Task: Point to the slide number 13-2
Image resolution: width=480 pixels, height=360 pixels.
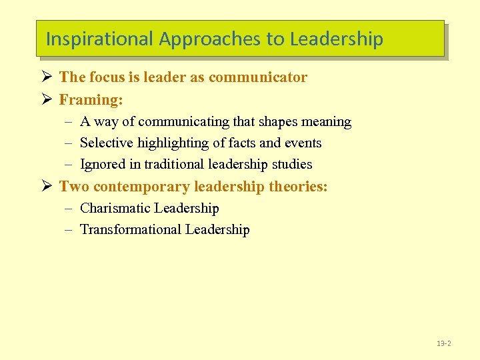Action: (444, 343)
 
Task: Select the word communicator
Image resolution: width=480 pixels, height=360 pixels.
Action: (258, 77)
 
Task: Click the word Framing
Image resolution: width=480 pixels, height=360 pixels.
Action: (87, 100)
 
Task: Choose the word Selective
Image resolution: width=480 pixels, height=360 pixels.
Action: (106, 143)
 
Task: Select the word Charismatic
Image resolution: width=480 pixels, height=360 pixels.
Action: (115, 209)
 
